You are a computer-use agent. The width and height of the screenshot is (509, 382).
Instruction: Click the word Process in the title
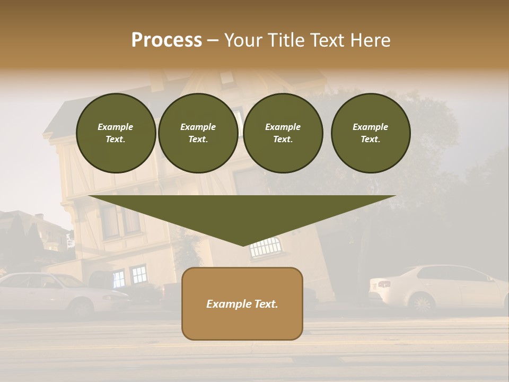click(166, 40)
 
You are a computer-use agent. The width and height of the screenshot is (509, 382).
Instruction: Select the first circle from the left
click(116, 133)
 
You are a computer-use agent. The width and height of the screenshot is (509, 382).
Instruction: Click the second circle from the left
click(198, 133)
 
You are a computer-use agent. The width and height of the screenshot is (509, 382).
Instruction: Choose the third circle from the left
click(283, 133)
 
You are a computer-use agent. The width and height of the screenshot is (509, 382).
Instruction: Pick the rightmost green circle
click(370, 133)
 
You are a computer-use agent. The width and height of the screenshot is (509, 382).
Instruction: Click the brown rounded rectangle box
click(242, 303)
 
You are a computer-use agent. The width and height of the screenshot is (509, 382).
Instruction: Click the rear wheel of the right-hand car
click(422, 304)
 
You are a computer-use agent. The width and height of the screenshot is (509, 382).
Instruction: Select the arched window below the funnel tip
click(265, 247)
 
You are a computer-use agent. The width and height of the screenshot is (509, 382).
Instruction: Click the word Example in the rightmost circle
click(370, 127)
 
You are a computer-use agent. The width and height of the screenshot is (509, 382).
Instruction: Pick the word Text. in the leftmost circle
click(116, 140)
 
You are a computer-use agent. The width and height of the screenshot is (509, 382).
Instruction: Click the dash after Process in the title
click(213, 41)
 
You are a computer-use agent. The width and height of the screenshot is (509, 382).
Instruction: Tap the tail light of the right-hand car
click(384, 284)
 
